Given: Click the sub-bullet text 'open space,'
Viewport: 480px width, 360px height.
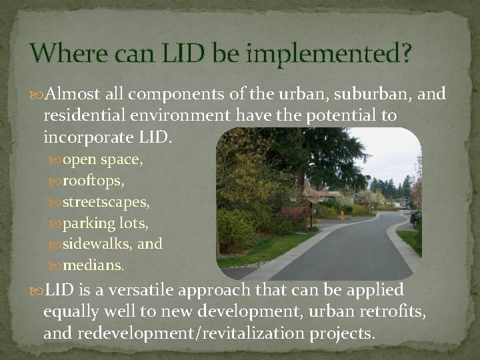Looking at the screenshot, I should pyautogui.click(x=103, y=160).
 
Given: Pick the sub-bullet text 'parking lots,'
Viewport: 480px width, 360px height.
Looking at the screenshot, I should pyautogui.click(x=106, y=223).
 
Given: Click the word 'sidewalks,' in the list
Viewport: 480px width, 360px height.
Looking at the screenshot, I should pyautogui.click(x=98, y=244).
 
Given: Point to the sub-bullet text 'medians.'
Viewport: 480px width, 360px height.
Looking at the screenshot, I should pyautogui.click(x=93, y=265).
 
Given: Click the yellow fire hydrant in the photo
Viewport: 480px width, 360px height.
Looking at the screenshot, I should pyautogui.click(x=342, y=215).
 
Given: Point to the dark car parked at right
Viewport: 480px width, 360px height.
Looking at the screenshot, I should pyautogui.click(x=416, y=219).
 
